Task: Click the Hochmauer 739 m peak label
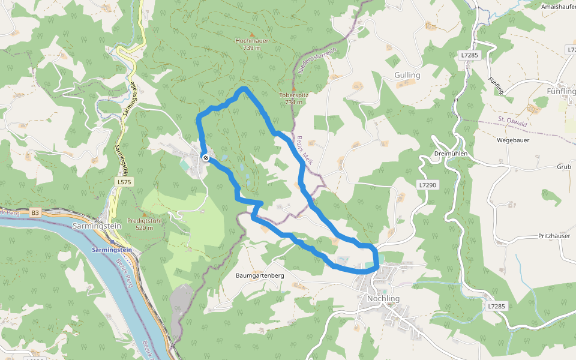[252, 44]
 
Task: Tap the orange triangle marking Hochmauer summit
[252, 34]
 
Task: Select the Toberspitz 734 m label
[293, 98]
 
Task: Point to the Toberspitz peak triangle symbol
[293, 89]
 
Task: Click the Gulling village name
[407, 76]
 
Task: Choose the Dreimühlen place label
[450, 154]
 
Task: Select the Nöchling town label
[383, 298]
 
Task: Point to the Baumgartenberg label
[260, 275]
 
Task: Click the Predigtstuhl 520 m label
[145, 224]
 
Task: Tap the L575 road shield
[124, 181]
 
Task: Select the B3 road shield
[35, 212]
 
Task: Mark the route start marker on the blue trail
[206, 158]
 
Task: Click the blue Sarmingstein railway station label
[112, 250]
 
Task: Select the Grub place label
[563, 167]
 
